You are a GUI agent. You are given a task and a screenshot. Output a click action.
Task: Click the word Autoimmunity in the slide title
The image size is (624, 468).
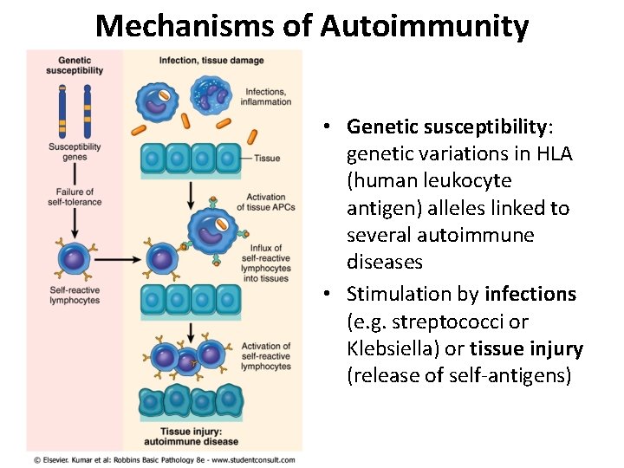(x=424, y=26)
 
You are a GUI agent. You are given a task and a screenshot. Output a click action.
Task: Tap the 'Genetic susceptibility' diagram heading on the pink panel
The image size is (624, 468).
(x=75, y=65)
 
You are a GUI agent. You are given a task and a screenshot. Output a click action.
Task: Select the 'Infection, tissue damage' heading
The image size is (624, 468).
(x=211, y=61)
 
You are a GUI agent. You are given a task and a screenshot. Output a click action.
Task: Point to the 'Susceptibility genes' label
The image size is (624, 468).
(x=75, y=152)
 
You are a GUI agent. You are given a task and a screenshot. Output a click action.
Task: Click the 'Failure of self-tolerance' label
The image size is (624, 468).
(x=75, y=197)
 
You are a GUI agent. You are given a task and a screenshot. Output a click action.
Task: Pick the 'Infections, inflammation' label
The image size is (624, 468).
(x=269, y=97)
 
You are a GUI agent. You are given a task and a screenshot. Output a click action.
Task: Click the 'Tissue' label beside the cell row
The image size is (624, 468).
(x=268, y=159)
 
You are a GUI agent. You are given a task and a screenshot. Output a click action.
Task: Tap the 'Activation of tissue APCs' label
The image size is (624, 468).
(x=266, y=202)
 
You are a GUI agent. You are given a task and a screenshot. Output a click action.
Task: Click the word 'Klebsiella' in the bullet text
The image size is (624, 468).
(x=388, y=348)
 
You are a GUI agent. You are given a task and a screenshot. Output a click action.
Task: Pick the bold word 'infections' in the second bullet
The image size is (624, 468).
(x=530, y=295)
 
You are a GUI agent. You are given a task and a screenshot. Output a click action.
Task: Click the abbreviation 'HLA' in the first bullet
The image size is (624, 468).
(x=555, y=153)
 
